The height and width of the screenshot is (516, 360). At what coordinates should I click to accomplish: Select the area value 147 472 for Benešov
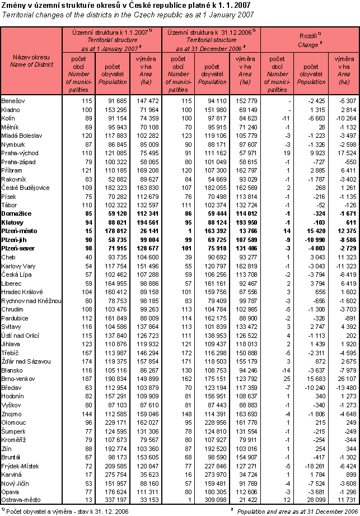click(147, 100)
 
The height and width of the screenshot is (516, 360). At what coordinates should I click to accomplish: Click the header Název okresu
click(31, 57)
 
